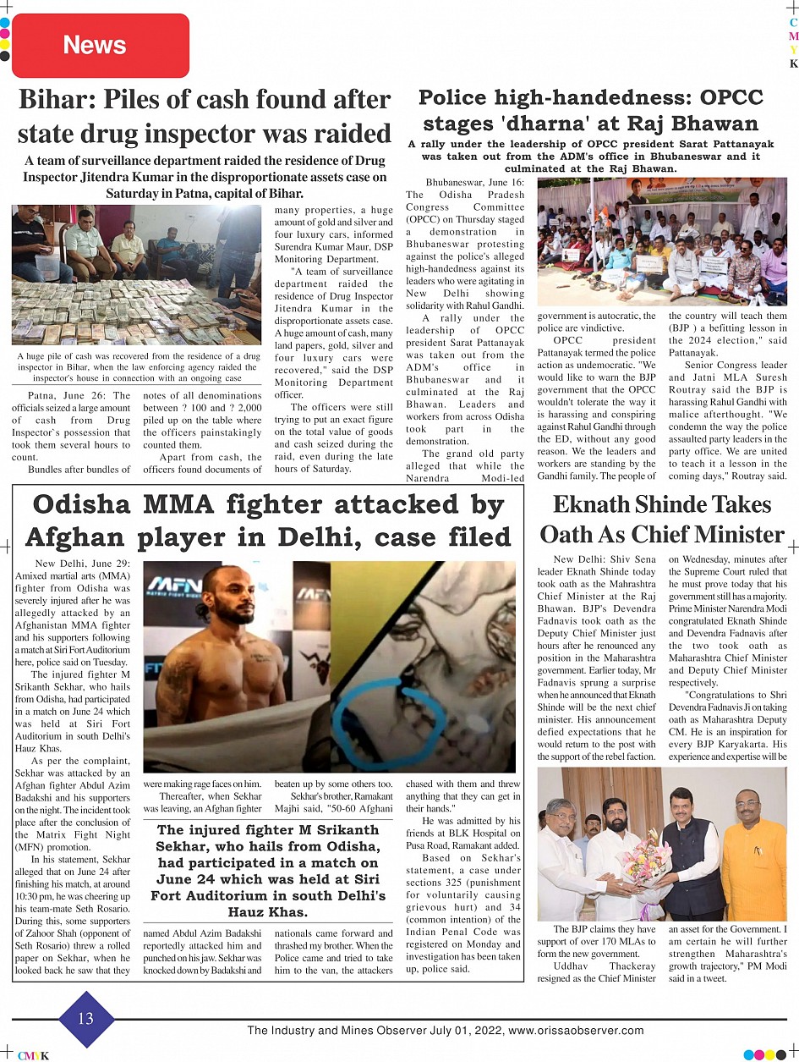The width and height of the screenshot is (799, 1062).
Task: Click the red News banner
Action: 100,46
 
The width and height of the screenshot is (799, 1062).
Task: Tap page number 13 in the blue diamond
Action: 86,1018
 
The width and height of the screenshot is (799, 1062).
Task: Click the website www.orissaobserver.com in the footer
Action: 576,1031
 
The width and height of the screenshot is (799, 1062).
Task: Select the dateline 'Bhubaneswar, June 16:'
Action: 474,183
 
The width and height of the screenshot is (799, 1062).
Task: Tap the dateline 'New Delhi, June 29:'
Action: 84,563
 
